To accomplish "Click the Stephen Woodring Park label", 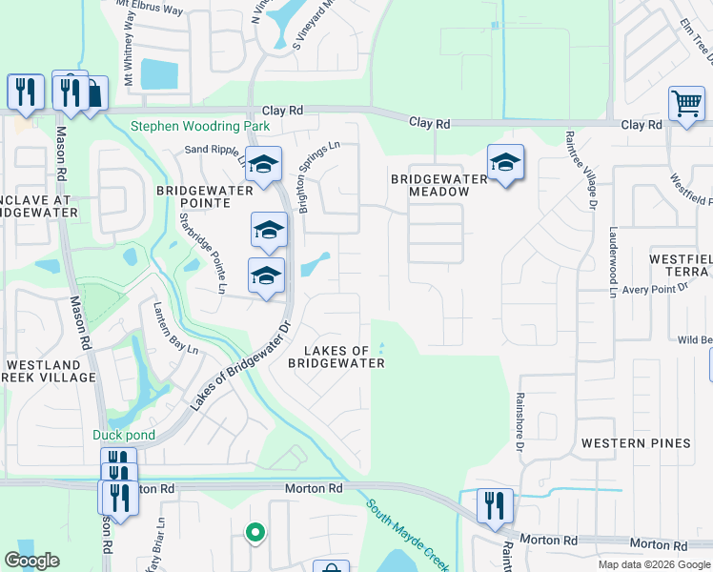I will pos(200,126).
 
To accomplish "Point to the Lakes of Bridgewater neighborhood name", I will pos(337,357).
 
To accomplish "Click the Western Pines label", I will pos(636,443).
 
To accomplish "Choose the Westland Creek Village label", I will pos(50,371).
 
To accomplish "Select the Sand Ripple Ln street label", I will pos(215,150).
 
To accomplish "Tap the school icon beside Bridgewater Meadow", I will pos(505,163).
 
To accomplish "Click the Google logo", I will pos(32,561).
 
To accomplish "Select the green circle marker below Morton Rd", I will pos(255,533).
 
